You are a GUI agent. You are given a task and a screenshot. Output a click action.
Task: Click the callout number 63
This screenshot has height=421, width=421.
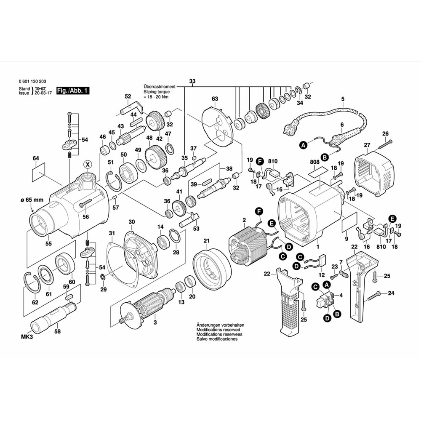click(x=215, y=99)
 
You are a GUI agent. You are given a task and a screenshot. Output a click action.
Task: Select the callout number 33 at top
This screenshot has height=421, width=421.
click(x=192, y=81)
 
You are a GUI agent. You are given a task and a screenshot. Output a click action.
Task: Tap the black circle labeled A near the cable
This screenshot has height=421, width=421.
click(x=303, y=145)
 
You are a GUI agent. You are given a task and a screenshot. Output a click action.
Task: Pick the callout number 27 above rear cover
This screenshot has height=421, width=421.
click(x=367, y=145)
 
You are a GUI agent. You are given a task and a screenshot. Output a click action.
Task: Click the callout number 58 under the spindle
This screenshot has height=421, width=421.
click(x=57, y=331)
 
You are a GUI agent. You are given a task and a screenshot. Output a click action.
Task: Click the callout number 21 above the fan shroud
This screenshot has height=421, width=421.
click(x=206, y=241)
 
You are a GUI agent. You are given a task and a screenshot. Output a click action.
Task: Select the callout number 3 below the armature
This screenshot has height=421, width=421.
click(x=155, y=323)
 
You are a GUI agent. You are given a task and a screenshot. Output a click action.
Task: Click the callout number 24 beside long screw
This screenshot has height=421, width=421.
click(x=391, y=293)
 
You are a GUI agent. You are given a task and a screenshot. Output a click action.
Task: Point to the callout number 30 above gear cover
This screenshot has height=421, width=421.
click(x=132, y=222)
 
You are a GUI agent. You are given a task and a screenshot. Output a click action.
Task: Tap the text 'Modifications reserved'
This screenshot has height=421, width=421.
click(x=216, y=330)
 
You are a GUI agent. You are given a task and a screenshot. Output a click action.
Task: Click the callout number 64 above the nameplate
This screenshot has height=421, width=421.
click(x=35, y=159)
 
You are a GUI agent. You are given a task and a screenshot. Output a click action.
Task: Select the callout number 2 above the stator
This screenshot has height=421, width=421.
click(x=244, y=220)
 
